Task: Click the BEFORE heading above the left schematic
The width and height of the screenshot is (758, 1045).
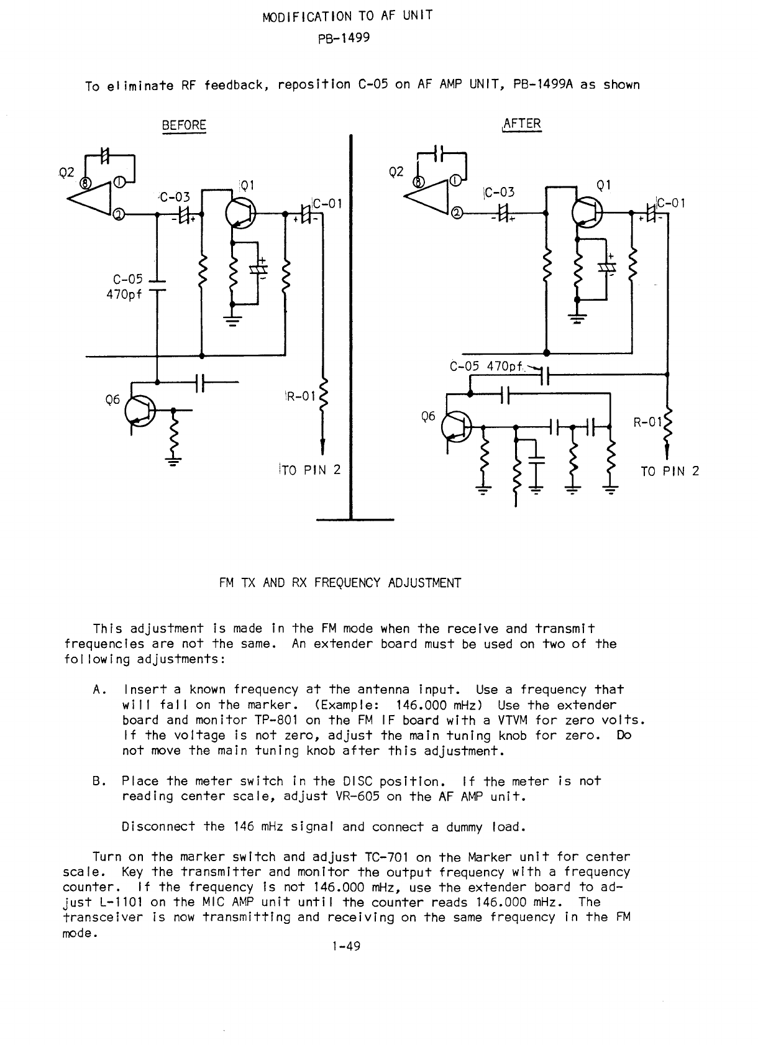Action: [x=184, y=125]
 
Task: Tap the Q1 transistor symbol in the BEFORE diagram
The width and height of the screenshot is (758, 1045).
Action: [x=239, y=212]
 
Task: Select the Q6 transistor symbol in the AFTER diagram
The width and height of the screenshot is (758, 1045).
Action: [x=456, y=427]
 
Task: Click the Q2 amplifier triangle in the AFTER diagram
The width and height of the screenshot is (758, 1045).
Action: [x=429, y=195]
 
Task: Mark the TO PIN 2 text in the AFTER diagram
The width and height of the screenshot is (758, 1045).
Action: [x=670, y=471]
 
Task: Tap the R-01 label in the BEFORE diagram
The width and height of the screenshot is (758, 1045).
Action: [x=301, y=396]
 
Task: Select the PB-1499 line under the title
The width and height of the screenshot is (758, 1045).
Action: [x=344, y=38]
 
